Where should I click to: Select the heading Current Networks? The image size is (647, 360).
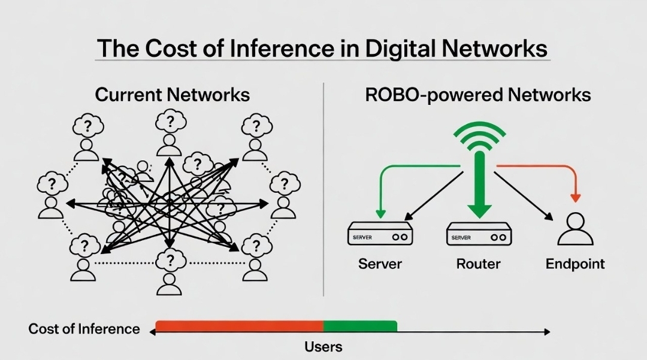click(173, 95)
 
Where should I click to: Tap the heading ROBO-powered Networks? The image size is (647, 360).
click(477, 95)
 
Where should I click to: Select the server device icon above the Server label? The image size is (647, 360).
click(380, 234)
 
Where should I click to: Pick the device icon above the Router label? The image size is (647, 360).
click(479, 234)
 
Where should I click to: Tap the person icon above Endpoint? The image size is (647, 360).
click(575, 229)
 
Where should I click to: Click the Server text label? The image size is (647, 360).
click(380, 264)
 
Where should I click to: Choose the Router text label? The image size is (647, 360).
click(478, 264)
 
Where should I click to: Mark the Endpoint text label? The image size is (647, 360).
click(575, 264)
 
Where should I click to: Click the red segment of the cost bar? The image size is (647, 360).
click(240, 326)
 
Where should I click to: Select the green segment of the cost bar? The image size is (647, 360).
click(360, 326)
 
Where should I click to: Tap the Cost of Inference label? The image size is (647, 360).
click(84, 329)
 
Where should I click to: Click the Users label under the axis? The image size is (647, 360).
click(323, 347)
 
